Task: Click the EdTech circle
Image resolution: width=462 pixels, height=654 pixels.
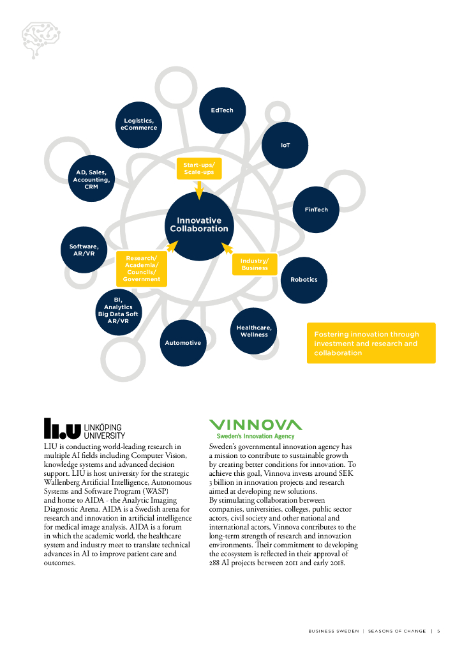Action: click(222, 110)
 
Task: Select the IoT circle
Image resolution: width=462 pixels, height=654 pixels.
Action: click(285, 146)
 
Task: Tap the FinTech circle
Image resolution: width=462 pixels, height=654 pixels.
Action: click(316, 209)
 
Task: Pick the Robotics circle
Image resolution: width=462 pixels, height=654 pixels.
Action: click(304, 280)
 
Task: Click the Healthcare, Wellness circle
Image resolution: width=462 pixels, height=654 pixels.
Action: click(254, 331)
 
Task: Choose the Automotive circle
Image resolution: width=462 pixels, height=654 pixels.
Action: click(183, 343)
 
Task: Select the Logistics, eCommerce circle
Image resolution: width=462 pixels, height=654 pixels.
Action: click(140, 124)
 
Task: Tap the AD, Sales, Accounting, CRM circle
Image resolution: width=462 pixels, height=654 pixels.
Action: click(91, 179)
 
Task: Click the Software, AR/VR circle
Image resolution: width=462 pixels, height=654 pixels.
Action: click(84, 250)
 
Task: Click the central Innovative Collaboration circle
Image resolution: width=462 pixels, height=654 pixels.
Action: click(198, 225)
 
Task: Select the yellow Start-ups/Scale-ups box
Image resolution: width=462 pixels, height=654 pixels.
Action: click(198, 169)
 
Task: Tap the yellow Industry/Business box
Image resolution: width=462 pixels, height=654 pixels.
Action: click(255, 264)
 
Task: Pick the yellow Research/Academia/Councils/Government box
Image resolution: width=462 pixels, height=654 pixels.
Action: click(142, 268)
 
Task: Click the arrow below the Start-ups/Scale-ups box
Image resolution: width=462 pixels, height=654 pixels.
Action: click(198, 189)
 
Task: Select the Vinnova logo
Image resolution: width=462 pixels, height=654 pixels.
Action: click(255, 428)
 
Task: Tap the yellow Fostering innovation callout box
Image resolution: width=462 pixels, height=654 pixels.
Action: click(371, 343)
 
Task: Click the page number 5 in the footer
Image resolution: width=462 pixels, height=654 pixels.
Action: click(438, 631)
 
